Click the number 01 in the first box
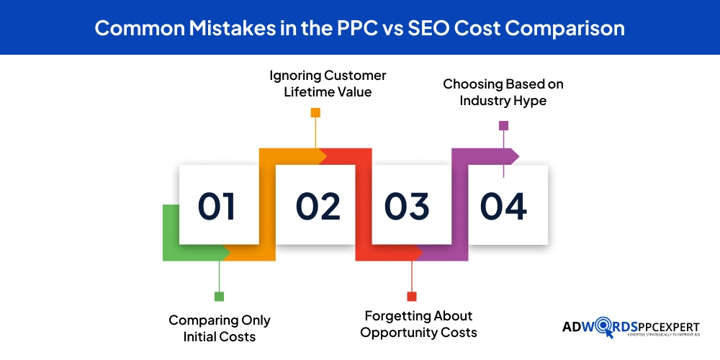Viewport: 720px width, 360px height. click(217, 207)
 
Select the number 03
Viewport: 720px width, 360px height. click(407, 207)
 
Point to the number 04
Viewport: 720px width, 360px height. click(504, 207)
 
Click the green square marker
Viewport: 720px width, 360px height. click(220, 297)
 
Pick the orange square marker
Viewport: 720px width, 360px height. click(315, 112)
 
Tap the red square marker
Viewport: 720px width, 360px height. click(412, 297)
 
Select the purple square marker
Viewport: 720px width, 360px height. click(503, 125)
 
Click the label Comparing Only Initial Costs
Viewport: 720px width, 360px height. click(220, 328)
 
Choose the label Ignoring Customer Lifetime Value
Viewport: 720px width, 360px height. click(328, 84)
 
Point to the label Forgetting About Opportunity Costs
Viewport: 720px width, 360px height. click(418, 324)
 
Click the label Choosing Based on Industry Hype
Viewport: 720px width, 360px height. click(503, 92)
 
